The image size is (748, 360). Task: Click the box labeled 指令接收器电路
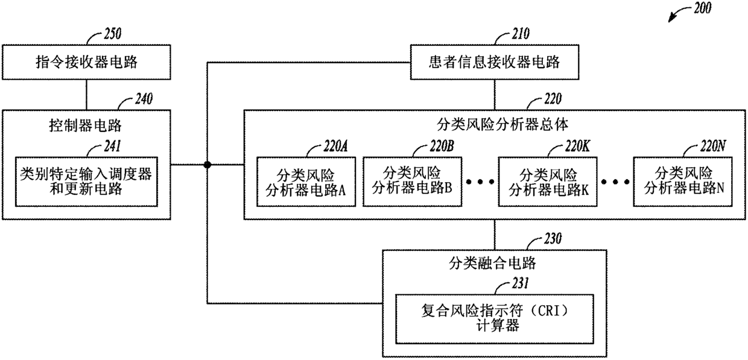tap(86, 62)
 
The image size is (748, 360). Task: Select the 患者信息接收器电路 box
tap(494, 62)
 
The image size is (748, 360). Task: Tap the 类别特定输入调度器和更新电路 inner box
tap(86, 181)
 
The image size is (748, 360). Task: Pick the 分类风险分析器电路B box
tap(412, 181)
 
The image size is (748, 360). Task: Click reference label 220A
tap(331, 146)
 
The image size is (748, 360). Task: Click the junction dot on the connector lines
tap(208, 165)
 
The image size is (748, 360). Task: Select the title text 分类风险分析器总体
tap(495, 125)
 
